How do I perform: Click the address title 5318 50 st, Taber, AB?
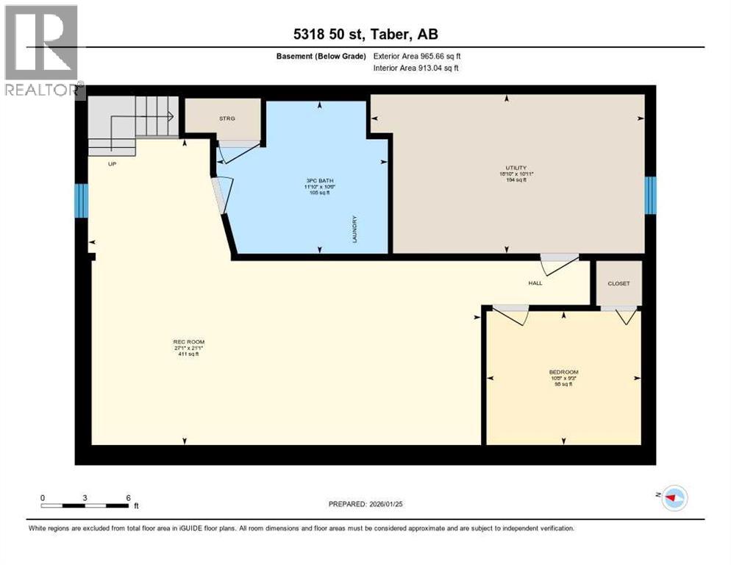pos(365,35)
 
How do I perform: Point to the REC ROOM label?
pos(189,342)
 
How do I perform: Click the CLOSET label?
pos(618,283)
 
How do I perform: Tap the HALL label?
pos(535,282)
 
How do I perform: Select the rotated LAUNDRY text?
pos(354,229)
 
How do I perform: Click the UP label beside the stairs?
pos(113,164)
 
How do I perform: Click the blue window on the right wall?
pos(650,195)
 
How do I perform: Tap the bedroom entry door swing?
pos(510,314)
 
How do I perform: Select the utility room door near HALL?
pos(559,263)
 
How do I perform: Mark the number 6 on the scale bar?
pos(128,497)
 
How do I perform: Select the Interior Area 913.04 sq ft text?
pos(417,68)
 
